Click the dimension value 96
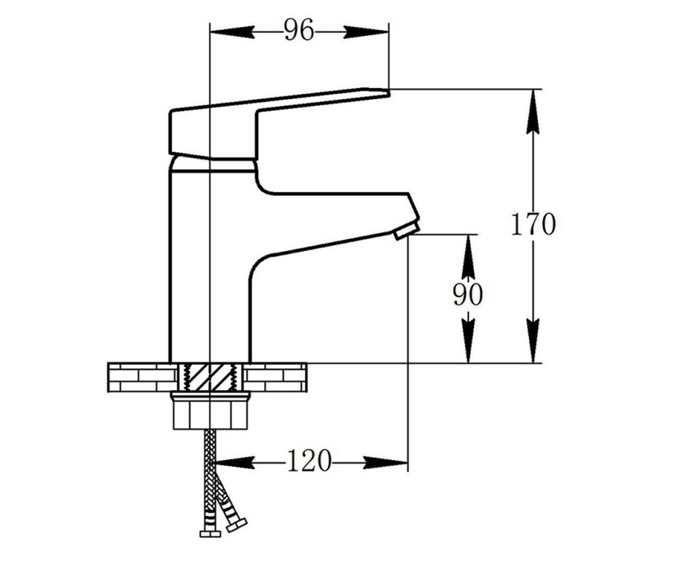pos(299,30)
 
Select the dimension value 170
pos(533,224)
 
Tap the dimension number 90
pos(468,294)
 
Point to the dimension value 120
pos(309,460)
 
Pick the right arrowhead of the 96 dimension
pos(366,32)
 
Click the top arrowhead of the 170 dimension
pos(533,111)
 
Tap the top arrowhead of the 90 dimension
pos(468,257)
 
